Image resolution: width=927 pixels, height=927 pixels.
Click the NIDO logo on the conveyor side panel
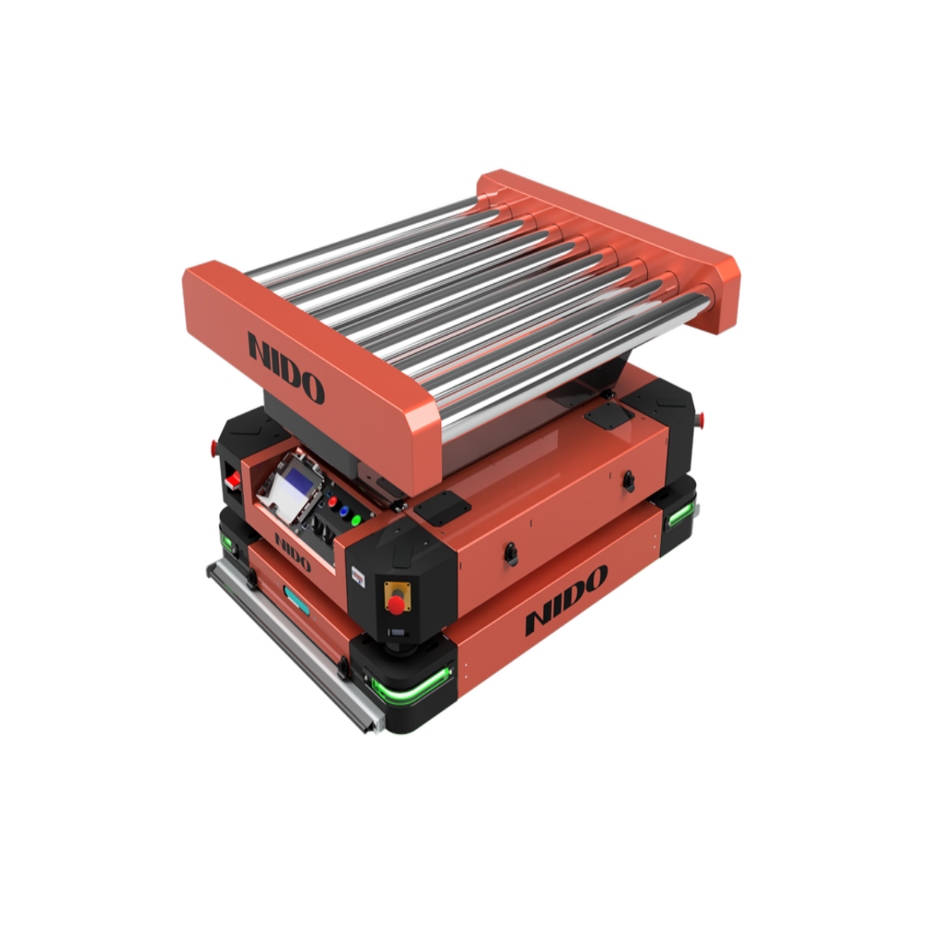pyautogui.click(x=287, y=368)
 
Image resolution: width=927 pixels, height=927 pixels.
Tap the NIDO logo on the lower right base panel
pyautogui.click(x=566, y=599)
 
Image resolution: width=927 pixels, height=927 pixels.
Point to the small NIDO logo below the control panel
pyautogui.click(x=293, y=553)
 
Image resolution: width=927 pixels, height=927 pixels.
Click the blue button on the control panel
pyautogui.click(x=343, y=511)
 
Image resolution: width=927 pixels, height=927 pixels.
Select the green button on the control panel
pyautogui.click(x=355, y=520)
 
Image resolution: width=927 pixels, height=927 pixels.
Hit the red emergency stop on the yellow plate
pyautogui.click(x=397, y=604)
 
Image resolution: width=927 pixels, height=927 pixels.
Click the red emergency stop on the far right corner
pyautogui.click(x=702, y=420)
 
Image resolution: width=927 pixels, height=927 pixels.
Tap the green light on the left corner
pyautogui.click(x=227, y=542)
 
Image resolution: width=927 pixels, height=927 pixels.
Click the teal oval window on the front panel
pyautogui.click(x=297, y=603)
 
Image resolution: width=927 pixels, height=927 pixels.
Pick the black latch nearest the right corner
pyautogui.click(x=629, y=477)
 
